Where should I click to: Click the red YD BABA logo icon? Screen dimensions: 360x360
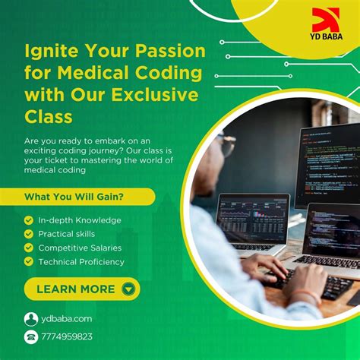pos(326,21)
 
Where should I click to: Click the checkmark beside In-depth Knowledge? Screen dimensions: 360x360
pos(29,220)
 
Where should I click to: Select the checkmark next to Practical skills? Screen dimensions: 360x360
pos(29,234)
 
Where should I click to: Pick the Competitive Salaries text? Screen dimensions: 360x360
pos(80,248)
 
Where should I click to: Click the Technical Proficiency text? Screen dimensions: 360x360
pos(81,261)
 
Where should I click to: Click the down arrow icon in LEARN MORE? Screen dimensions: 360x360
pos(128,289)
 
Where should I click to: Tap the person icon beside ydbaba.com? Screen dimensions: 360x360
pos(31,319)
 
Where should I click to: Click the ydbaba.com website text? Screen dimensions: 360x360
pos(67,319)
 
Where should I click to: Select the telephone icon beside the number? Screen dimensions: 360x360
pos(31,336)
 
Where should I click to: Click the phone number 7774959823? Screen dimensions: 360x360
pos(67,336)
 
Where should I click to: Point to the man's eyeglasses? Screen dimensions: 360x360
pos(226,144)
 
